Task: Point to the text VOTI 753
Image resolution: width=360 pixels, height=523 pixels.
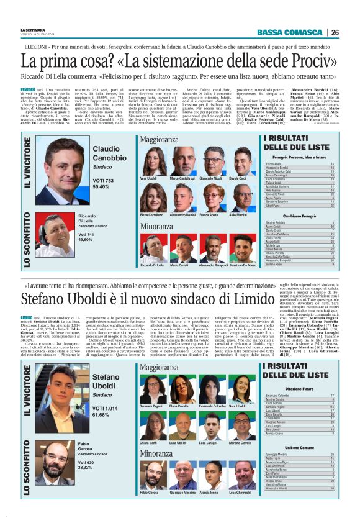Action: coord(104,179)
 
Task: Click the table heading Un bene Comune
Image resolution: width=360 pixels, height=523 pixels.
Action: coord(299,447)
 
